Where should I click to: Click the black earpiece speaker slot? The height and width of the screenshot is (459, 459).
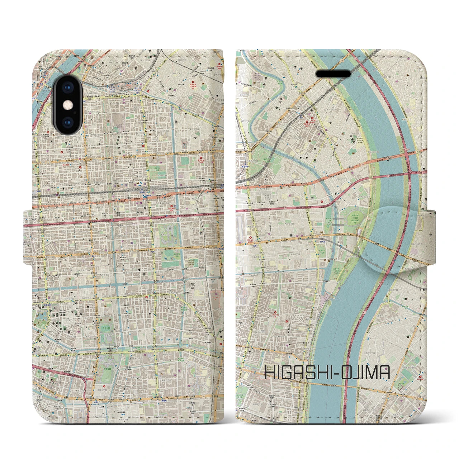(333, 74)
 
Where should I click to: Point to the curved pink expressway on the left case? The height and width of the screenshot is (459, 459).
(72, 377)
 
